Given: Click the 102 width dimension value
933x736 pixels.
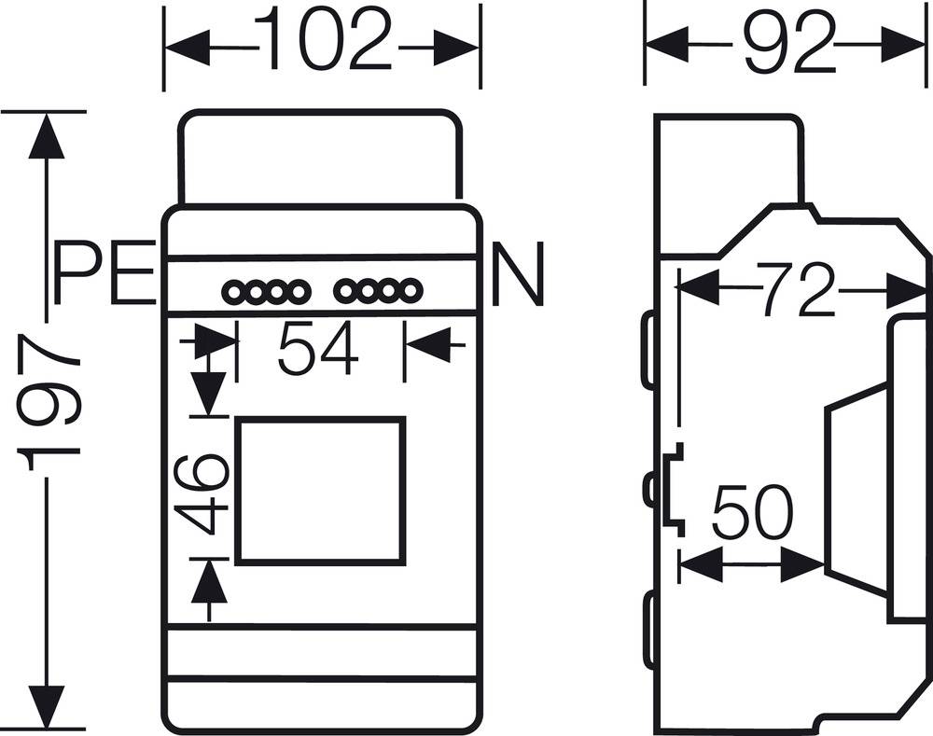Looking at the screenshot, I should (323, 42).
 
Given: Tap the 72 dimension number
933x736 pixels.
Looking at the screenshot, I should (795, 290).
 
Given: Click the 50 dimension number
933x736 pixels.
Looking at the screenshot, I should (751, 514).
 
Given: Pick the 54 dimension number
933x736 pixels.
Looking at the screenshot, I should (318, 348).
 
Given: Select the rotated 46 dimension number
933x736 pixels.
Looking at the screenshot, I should (202, 493).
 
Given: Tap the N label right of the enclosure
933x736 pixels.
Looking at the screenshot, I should (516, 275).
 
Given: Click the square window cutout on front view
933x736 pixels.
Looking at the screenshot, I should (321, 491).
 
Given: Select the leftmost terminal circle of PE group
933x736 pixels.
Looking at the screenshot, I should (233, 293).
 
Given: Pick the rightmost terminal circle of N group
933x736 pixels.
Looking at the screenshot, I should (407, 293).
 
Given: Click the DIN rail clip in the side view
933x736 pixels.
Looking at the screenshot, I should (674, 491).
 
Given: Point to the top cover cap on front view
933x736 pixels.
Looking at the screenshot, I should (320, 156).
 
